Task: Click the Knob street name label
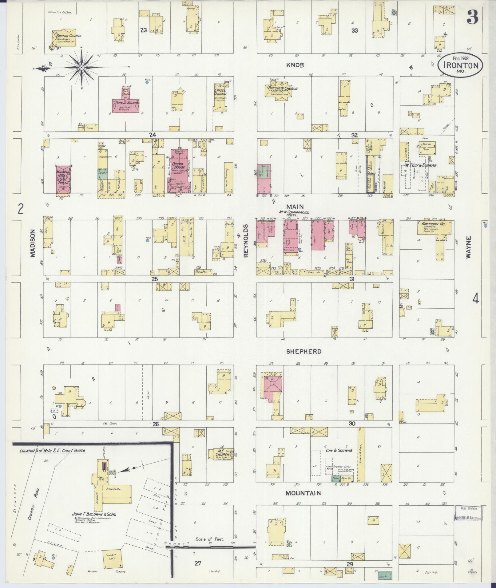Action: (x=295, y=65)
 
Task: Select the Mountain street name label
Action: (x=303, y=493)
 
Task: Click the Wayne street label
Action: (x=468, y=247)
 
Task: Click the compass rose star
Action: (x=81, y=67)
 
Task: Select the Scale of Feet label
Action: (x=210, y=539)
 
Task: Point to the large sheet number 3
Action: (x=472, y=17)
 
